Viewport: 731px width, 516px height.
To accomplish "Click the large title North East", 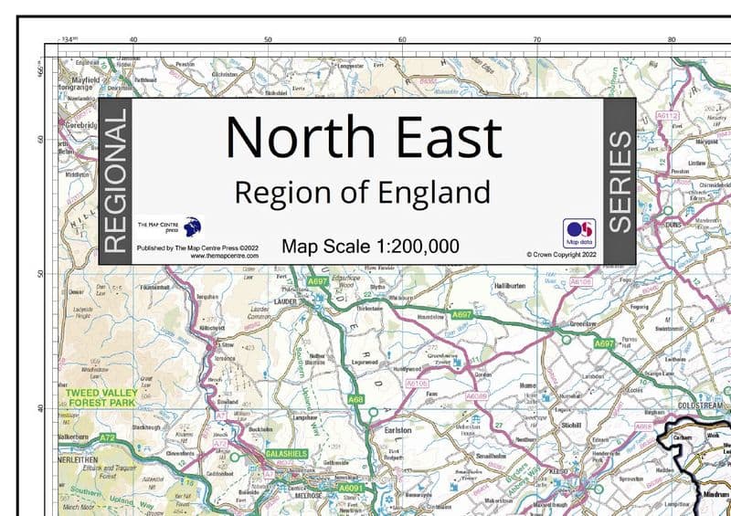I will click(364, 137).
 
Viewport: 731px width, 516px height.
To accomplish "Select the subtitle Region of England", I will click(362, 194).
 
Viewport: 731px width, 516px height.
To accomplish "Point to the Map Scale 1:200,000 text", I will click(371, 247).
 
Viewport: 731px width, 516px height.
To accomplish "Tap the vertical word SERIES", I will click(620, 181).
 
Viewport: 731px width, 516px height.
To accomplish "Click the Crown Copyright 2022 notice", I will click(560, 256).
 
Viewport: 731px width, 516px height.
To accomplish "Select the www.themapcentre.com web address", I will click(225, 257).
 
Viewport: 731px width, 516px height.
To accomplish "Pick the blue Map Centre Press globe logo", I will click(192, 226).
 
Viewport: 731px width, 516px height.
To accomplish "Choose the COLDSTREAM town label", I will click(700, 405).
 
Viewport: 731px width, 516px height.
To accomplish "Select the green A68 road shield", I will click(355, 400).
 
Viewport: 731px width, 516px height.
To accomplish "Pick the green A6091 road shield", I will click(352, 490).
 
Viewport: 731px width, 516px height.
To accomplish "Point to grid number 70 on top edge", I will click(537, 40).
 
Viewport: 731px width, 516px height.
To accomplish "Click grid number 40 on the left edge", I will click(40, 406).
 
